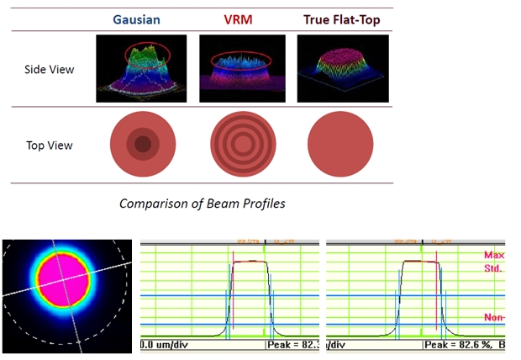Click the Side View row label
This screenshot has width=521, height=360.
click(49, 69)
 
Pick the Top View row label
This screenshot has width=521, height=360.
click(49, 145)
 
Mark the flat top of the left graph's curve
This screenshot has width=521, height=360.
click(250, 262)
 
